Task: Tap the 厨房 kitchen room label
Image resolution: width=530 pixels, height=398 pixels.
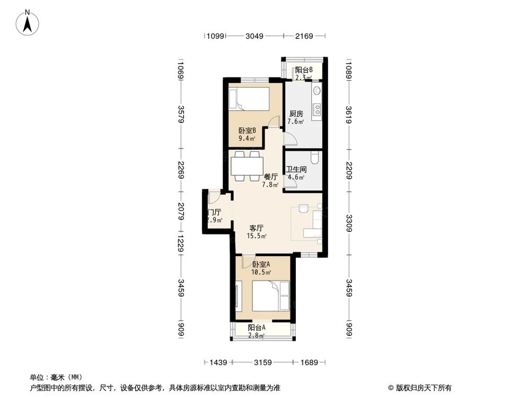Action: [296, 114]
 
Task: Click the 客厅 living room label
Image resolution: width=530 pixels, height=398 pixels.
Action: [257, 228]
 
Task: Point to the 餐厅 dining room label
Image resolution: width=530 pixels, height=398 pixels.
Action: [271, 177]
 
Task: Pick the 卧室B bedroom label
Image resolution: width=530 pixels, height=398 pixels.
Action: [247, 131]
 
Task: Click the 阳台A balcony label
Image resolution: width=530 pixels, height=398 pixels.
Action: [257, 327]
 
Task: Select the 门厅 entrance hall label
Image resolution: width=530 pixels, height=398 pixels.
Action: [214, 212]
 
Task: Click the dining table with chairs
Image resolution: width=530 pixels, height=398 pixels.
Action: [245, 166]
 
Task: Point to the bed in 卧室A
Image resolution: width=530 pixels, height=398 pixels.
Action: [270, 296]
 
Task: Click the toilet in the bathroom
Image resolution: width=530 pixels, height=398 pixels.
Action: [315, 158]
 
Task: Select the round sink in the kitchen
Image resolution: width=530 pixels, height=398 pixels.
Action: [317, 91]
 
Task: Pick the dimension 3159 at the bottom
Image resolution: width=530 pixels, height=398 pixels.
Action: [262, 362]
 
